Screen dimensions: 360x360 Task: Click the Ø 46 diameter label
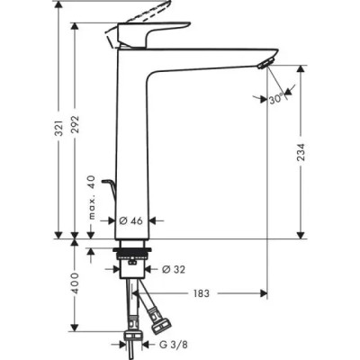coord(131,219)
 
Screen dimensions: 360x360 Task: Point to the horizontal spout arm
coord(207,64)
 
